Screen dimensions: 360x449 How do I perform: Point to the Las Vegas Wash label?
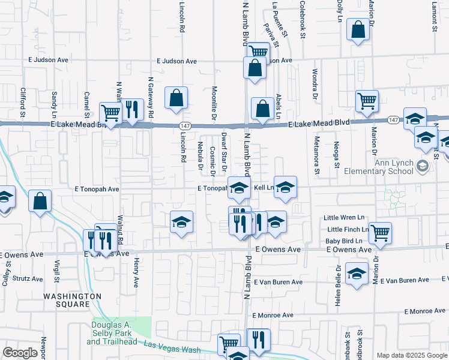(x=172, y=346)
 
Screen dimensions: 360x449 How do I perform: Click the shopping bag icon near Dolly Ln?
(x=358, y=30)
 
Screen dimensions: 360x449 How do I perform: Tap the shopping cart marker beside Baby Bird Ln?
(x=380, y=232)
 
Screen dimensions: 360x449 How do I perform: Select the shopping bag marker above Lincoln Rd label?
(x=176, y=98)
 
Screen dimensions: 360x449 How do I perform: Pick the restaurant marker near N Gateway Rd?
(x=132, y=109)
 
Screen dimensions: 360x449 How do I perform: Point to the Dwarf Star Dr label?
(x=224, y=147)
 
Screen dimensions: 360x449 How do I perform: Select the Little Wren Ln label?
(x=344, y=217)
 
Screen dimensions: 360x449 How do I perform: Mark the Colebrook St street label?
(x=303, y=20)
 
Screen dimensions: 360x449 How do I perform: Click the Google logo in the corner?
(x=20, y=353)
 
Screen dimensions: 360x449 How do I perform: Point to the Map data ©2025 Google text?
(x=412, y=355)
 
